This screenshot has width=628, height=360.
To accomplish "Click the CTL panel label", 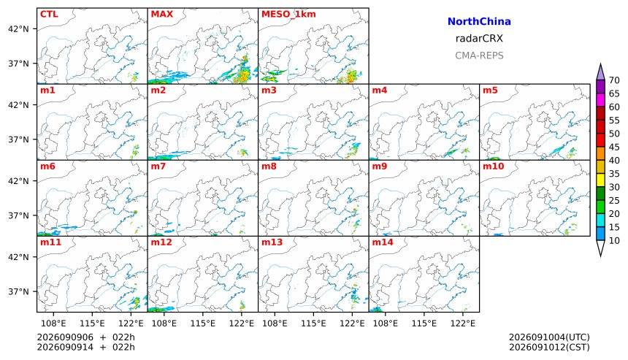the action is [x=49, y=14].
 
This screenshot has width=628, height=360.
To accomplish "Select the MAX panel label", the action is [x=162, y=14].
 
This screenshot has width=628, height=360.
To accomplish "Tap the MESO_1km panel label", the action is [x=288, y=14].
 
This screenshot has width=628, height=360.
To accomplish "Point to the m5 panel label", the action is [x=490, y=90].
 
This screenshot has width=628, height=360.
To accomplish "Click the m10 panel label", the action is [x=493, y=166].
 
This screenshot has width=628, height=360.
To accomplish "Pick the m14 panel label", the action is [x=383, y=242].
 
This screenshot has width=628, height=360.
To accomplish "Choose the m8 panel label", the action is [x=269, y=166].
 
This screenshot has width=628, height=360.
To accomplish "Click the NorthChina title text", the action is [x=479, y=22].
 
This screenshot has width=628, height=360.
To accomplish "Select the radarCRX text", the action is [x=479, y=39].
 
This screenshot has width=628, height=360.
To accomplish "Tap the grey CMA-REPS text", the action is [x=479, y=55].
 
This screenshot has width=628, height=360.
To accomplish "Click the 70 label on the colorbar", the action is [x=614, y=80].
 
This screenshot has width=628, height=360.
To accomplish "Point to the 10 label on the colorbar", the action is [x=614, y=241].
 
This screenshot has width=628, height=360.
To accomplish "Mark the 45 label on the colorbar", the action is [x=614, y=148].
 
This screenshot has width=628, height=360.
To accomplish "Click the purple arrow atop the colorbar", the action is [x=600, y=72].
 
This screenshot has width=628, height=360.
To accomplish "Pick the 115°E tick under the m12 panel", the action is [x=203, y=323].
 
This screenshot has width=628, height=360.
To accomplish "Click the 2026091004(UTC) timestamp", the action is [x=549, y=337].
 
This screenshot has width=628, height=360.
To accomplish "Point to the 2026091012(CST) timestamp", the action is [x=549, y=347].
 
